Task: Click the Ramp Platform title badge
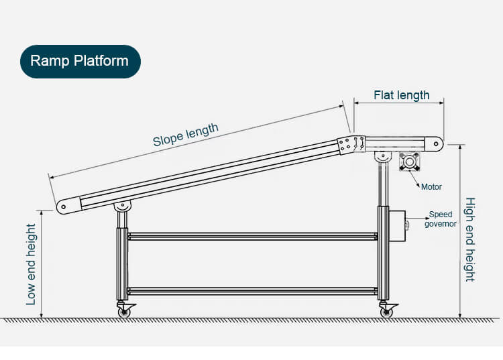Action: click(x=80, y=61)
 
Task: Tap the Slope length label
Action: click(x=185, y=135)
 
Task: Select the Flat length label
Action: click(x=401, y=95)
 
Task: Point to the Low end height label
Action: click(x=31, y=264)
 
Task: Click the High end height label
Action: click(x=470, y=239)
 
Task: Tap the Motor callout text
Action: click(x=431, y=186)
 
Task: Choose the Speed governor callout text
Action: click(x=440, y=219)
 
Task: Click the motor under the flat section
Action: click(x=409, y=162)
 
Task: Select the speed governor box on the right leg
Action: click(x=397, y=226)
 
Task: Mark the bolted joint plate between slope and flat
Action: click(x=351, y=145)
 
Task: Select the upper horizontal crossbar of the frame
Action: click(x=253, y=237)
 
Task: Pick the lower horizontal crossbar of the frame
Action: click(x=253, y=292)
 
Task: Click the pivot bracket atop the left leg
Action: click(x=123, y=206)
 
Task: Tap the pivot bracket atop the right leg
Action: click(x=383, y=157)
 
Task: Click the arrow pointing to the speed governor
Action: click(x=417, y=219)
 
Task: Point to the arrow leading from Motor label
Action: click(x=414, y=179)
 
